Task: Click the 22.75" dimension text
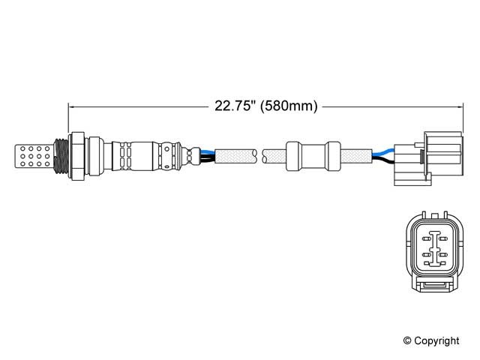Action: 235,106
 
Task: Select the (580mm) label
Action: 289,106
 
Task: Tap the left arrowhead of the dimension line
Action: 72,106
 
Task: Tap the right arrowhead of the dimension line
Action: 460,106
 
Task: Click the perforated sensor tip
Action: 34,156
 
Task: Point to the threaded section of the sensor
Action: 61,157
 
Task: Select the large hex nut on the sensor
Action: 77,156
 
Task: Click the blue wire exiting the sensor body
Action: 207,151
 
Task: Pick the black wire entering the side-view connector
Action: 383,160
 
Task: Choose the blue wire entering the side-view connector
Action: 383,152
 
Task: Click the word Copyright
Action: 436,340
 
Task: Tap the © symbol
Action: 407,340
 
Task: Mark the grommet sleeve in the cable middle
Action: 313,156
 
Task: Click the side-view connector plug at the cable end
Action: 428,158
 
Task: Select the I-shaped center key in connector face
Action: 435,248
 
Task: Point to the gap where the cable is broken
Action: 259,156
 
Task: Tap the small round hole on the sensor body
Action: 166,149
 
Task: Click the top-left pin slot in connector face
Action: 426,238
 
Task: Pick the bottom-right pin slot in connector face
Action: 443,263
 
